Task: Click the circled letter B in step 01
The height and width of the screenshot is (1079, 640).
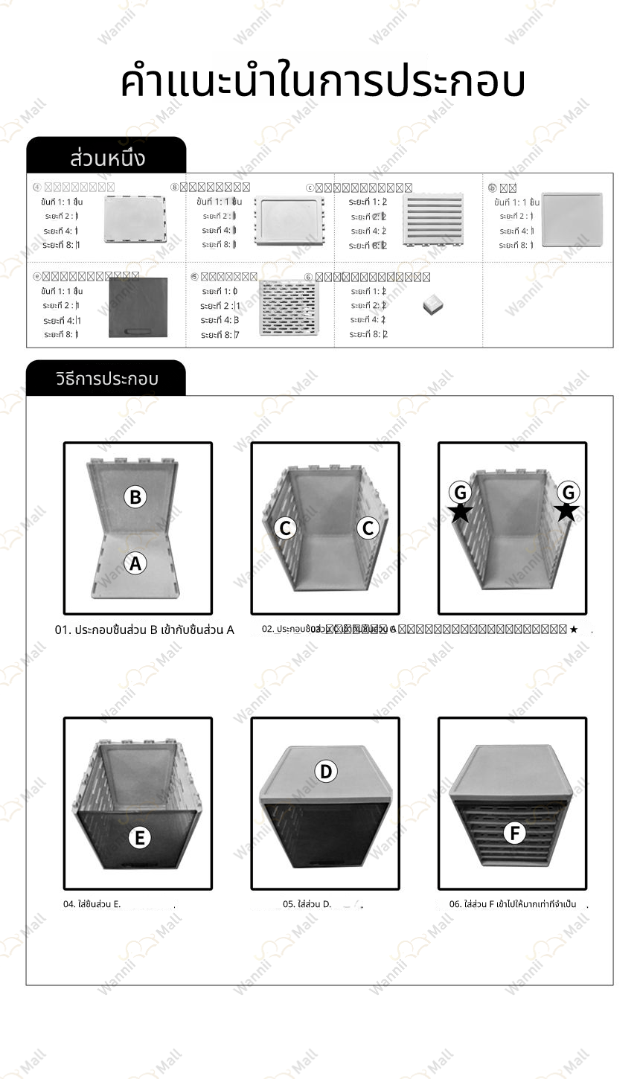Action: click(135, 496)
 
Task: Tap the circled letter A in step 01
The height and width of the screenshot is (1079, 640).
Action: click(135, 564)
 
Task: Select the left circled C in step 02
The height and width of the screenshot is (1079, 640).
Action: click(284, 528)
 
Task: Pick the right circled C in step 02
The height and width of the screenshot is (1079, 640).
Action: click(368, 528)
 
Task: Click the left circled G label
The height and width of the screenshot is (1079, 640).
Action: click(461, 492)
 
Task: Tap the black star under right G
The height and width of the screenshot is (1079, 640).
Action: click(567, 511)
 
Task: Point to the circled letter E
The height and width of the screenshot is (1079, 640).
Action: click(139, 838)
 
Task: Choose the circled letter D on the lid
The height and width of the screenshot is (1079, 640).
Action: click(326, 772)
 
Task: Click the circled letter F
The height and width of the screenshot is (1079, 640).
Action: click(514, 833)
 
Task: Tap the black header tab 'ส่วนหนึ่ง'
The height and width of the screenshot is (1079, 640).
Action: click(106, 157)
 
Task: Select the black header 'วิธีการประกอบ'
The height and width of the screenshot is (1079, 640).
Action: click(106, 379)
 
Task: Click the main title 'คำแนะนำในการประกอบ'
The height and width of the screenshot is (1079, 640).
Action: click(321, 82)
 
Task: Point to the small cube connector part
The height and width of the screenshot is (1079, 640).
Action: click(432, 305)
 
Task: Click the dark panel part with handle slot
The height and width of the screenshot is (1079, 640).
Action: click(138, 307)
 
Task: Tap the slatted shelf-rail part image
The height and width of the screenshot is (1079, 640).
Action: click(432, 220)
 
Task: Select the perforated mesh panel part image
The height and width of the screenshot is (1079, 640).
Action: click(288, 308)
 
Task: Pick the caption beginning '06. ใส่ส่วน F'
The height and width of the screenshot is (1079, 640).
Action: click(513, 904)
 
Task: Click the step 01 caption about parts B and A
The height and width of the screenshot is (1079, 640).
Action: click(144, 630)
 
